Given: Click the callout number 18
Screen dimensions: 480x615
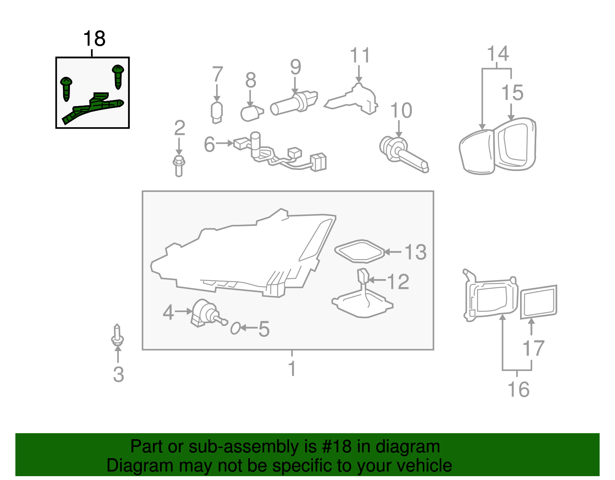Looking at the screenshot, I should tap(94, 39).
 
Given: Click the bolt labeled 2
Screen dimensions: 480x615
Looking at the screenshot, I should tap(179, 166).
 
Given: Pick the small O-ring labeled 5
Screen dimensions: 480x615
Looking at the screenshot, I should tap(235, 329).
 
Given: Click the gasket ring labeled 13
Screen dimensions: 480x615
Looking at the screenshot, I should tap(359, 252).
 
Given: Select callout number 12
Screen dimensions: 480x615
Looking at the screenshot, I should tap(398, 282).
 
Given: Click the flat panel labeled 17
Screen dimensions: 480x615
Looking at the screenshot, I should tap(539, 302).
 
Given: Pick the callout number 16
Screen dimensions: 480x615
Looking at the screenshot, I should tap(519, 390).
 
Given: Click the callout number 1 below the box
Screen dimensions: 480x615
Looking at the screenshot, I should tap(292, 368).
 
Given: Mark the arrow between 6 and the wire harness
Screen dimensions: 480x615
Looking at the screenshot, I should tap(224, 144).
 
